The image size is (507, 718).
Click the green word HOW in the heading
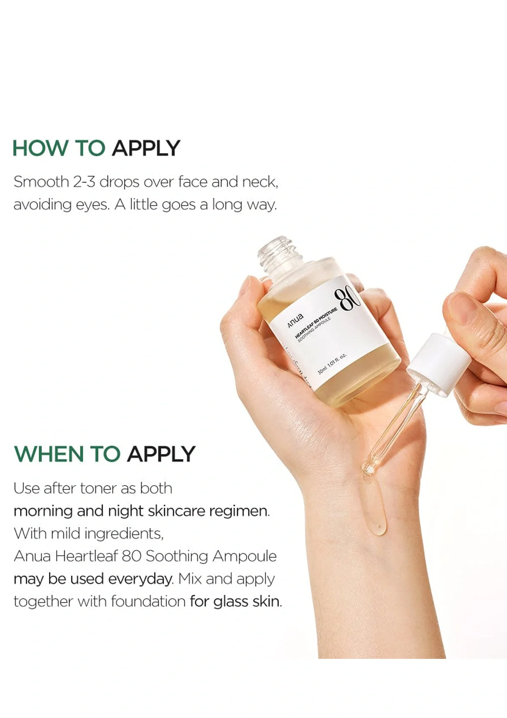click(x=40, y=148)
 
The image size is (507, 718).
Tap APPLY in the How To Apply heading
click(x=146, y=148)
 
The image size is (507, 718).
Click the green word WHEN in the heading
click(x=49, y=454)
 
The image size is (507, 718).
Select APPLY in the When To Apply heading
click(x=161, y=454)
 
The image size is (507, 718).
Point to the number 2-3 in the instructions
click(x=84, y=182)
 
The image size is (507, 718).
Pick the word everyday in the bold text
click(x=140, y=579)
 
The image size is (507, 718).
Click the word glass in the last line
click(x=231, y=601)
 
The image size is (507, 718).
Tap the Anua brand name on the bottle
click(x=295, y=321)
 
